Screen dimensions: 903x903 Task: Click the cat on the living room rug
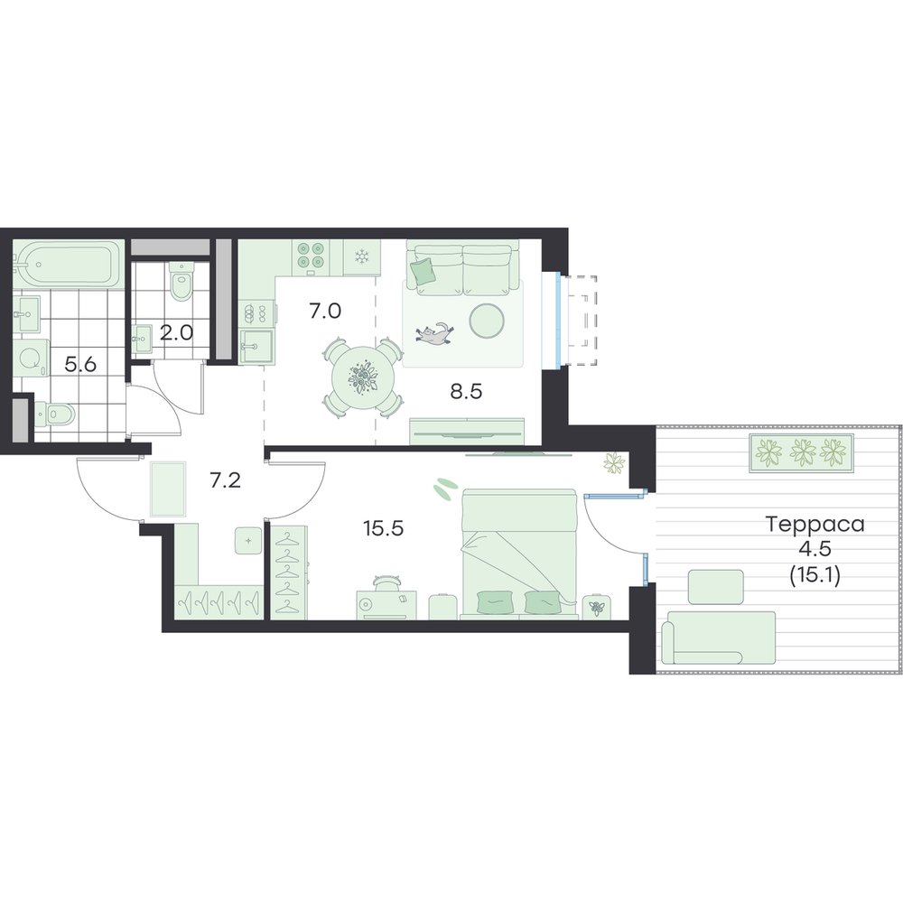click(x=435, y=334)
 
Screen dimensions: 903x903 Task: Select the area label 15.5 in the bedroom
click(x=384, y=527)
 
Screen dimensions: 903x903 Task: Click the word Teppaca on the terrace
click(x=815, y=524)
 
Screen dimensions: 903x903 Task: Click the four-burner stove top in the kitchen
click(x=311, y=256)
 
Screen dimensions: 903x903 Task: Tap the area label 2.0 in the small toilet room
click(x=176, y=333)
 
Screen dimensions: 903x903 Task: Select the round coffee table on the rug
click(x=488, y=321)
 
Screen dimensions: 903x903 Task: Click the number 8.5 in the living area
click(x=466, y=392)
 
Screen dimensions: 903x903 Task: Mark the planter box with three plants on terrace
click(x=801, y=453)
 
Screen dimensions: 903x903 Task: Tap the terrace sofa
click(x=718, y=638)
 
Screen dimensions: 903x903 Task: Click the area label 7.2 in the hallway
click(x=225, y=479)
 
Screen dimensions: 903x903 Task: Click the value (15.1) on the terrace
click(x=815, y=574)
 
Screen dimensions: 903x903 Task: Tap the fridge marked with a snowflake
click(x=362, y=256)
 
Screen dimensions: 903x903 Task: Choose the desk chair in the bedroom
click(x=386, y=582)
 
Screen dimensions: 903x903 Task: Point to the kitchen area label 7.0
click(x=325, y=312)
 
